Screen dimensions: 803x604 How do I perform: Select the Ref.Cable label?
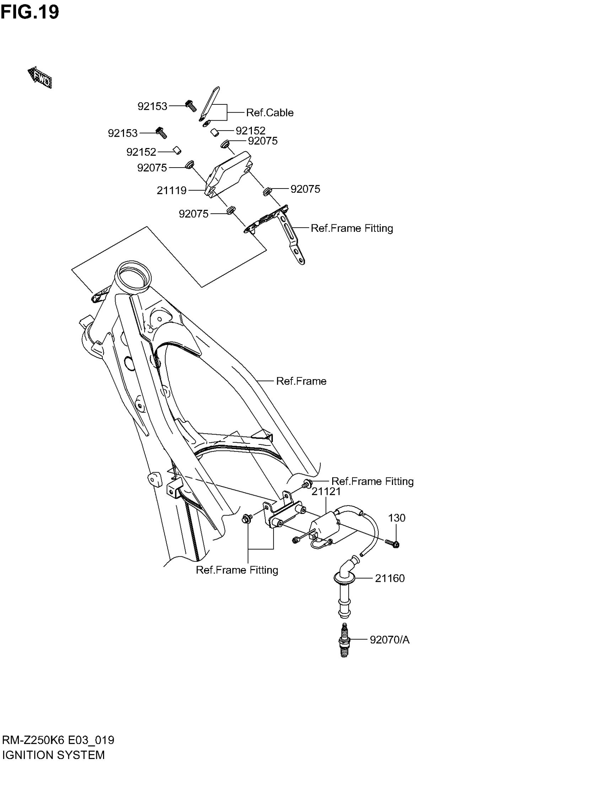click(x=270, y=113)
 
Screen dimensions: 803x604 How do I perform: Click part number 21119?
click(x=171, y=190)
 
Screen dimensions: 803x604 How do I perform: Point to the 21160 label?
click(x=390, y=578)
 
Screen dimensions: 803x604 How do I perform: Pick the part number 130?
click(x=397, y=518)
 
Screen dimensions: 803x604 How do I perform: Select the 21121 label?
click(x=326, y=492)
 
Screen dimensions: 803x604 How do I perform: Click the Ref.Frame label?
click(x=301, y=381)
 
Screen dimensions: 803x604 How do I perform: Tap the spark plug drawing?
click(x=344, y=640)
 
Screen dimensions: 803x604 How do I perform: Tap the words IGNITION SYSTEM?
click(x=53, y=755)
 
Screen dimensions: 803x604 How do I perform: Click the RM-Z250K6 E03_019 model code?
click(x=58, y=740)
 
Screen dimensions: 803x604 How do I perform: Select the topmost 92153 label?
click(x=152, y=106)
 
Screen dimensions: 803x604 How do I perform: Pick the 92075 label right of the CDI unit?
click(x=305, y=189)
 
